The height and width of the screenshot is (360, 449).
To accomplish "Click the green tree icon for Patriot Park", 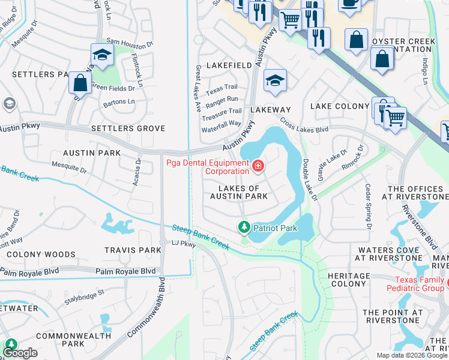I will [244, 227].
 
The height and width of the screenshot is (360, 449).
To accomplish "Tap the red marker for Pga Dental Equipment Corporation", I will [258, 165].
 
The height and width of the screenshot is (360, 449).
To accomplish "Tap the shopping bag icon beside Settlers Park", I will [80, 83].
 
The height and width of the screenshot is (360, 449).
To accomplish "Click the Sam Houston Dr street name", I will [130, 44].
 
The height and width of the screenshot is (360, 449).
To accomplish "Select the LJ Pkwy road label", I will [184, 244].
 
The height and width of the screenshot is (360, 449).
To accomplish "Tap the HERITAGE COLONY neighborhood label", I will [349, 280].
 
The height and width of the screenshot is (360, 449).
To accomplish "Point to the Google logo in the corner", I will [19, 353].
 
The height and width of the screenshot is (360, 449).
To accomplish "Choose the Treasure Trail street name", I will [223, 111].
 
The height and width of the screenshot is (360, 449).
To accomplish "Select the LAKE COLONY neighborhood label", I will [339, 106].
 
